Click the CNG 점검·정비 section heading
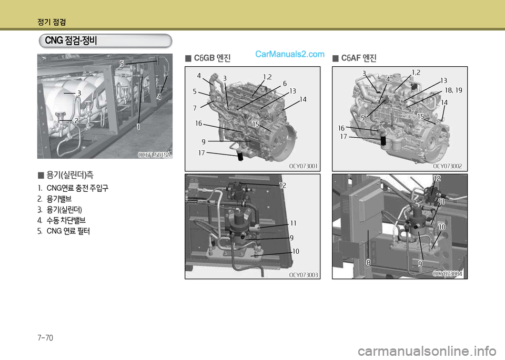click(71, 41)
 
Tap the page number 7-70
click(45, 338)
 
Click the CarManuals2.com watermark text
click(289, 54)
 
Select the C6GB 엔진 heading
click(212, 58)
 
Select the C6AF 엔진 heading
click(359, 58)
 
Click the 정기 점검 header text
click(52, 22)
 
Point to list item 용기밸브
click(59, 199)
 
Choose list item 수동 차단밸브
click(66, 220)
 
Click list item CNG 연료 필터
click(68, 231)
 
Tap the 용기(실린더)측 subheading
click(70, 175)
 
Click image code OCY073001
click(303, 166)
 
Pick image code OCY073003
click(304, 275)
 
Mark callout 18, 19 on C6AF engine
click(453, 90)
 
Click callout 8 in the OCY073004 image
click(368, 263)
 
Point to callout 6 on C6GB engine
click(285, 84)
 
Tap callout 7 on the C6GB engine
click(195, 108)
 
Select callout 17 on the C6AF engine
click(344, 137)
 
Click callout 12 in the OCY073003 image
click(282, 186)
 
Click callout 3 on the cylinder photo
click(79, 93)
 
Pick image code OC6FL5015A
click(154, 155)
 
